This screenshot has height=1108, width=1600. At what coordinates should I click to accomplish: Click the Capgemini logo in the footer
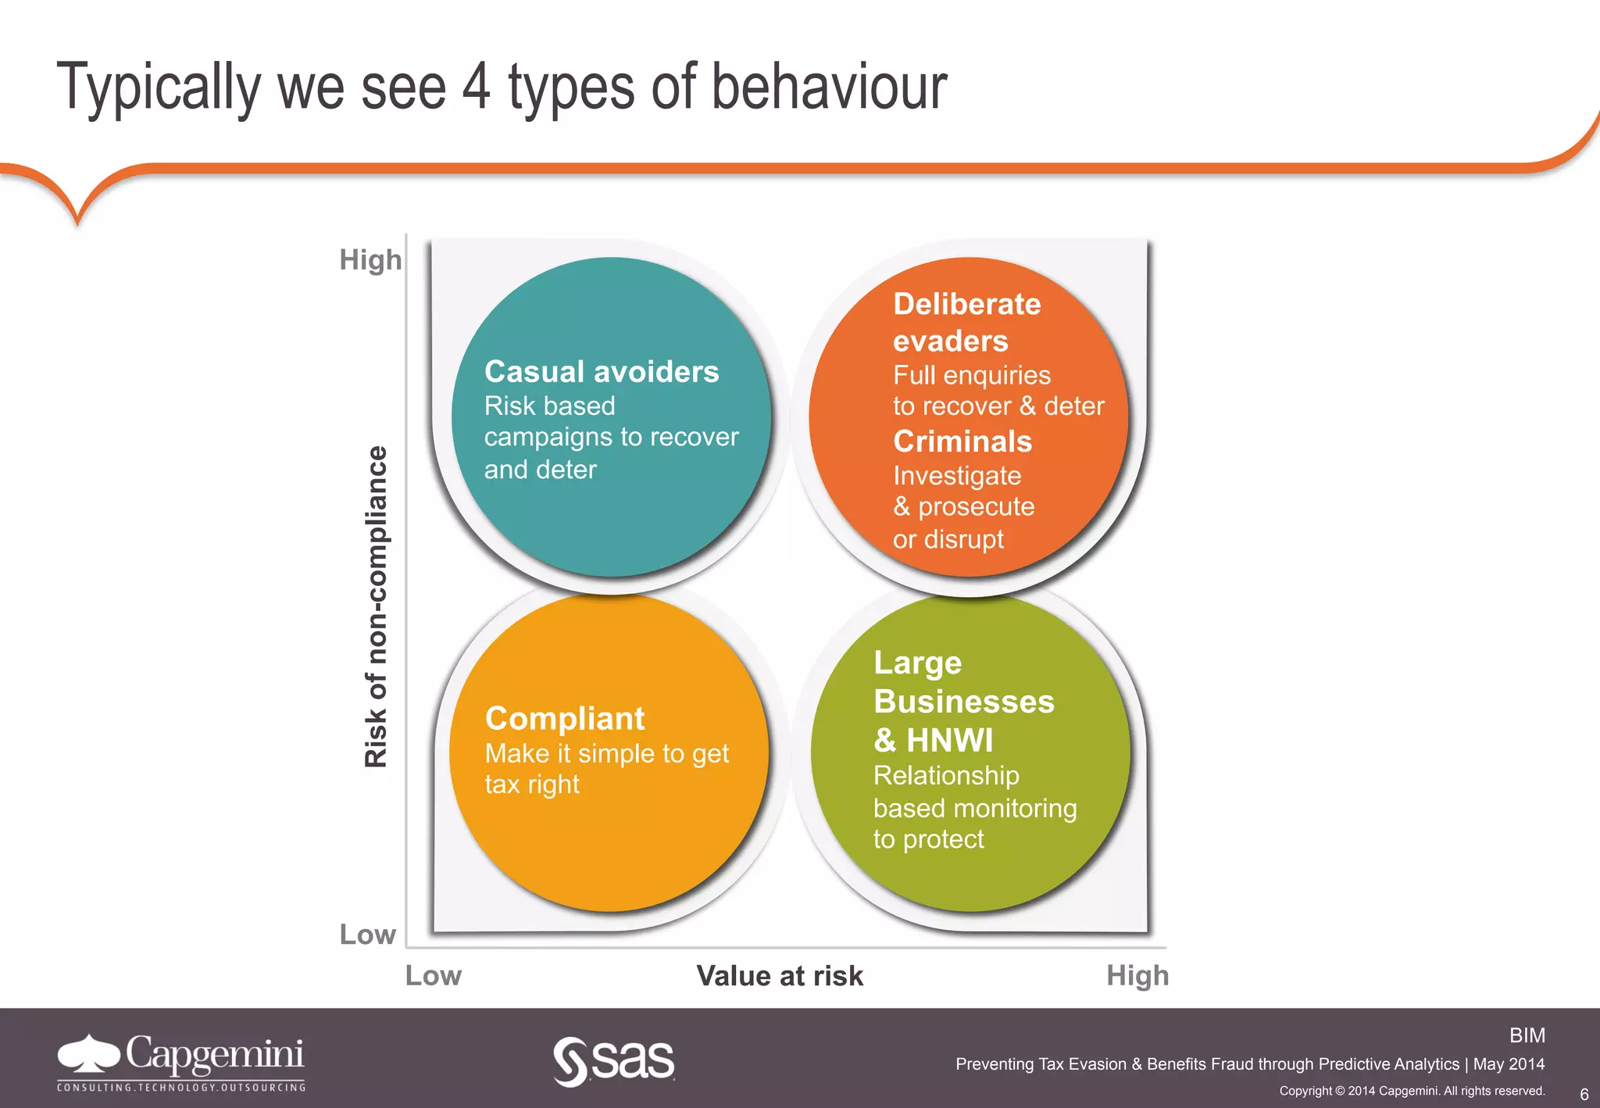coord(180,1061)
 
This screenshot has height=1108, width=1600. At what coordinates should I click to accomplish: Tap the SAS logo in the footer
coord(614,1060)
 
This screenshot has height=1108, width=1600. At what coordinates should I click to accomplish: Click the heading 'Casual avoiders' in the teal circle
coord(601,372)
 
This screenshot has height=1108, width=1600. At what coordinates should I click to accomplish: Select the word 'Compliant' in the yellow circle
coord(565,719)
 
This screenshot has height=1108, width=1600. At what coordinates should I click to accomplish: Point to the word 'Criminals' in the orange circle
coord(962,441)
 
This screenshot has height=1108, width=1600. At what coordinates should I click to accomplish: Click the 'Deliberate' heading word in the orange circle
coord(966,304)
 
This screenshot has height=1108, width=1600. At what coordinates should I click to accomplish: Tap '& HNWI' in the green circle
coord(934,740)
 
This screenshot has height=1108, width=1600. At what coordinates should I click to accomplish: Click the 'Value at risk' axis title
coord(780,976)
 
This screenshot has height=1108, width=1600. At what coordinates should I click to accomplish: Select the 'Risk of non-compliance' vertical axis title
coord(377,606)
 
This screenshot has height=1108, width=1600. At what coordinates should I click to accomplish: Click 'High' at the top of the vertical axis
coord(370,259)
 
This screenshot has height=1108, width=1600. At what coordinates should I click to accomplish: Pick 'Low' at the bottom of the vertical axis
coord(367,935)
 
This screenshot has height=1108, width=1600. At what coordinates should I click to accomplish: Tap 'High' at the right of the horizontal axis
coord(1137,976)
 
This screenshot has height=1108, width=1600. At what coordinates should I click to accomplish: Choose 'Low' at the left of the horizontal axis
coord(434,976)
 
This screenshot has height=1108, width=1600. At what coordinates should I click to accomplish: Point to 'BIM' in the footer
coord(1527,1035)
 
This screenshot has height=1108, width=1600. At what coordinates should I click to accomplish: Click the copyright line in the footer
coord(1412,1091)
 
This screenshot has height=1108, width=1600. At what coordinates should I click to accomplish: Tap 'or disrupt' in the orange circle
coord(948,539)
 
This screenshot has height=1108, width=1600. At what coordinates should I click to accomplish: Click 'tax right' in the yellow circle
coord(532,785)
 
